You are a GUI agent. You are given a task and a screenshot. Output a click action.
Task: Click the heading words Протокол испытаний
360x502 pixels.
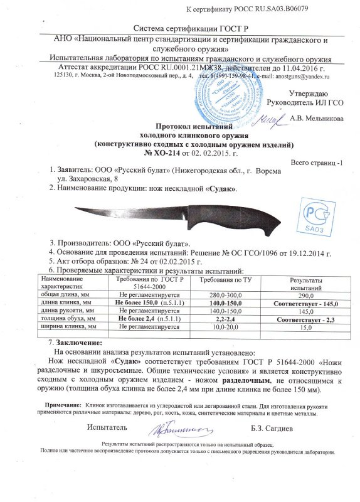pyautogui.click(x=184, y=125)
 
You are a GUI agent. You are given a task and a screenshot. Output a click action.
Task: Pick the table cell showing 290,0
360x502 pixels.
pyautogui.click(x=305, y=294)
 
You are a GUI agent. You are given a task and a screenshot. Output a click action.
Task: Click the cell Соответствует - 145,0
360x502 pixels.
pyautogui.click(x=305, y=303)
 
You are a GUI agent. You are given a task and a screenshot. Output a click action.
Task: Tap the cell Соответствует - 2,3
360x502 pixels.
pyautogui.click(x=305, y=319)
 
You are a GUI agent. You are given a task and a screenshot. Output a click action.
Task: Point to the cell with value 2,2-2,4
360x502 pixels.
pyautogui.click(x=232, y=319)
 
